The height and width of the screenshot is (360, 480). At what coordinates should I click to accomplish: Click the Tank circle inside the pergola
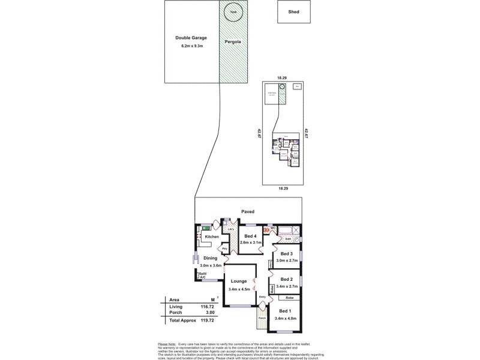click(x=234, y=13)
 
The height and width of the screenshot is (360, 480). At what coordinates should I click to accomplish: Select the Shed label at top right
click(x=293, y=11)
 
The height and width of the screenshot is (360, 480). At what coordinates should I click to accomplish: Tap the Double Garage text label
click(x=191, y=38)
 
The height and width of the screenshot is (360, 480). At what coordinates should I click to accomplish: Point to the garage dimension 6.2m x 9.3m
click(x=191, y=46)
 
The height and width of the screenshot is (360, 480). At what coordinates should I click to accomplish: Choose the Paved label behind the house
click(x=247, y=212)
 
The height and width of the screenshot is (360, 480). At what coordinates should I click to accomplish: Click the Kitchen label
click(x=212, y=236)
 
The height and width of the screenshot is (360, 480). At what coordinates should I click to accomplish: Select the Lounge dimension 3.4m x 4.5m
click(x=239, y=290)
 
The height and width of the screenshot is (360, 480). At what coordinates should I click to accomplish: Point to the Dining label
click(x=210, y=258)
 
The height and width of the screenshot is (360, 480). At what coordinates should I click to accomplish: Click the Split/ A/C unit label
click(x=203, y=275)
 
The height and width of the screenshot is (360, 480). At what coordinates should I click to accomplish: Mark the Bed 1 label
click(x=285, y=311)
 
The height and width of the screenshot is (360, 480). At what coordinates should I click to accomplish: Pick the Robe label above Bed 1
click(x=289, y=298)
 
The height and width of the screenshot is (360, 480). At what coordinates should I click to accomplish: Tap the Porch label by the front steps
click(x=262, y=318)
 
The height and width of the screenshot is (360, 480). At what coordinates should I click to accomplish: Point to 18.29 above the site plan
click(x=281, y=78)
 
